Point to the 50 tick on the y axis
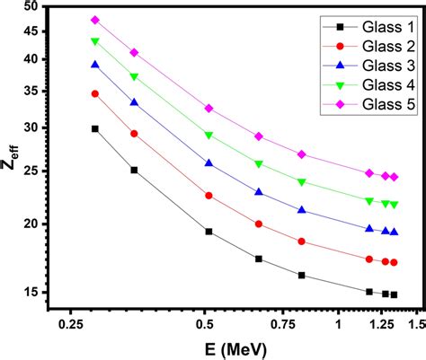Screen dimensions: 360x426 click(x=31, y=7)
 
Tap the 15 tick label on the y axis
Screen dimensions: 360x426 click(x=31, y=292)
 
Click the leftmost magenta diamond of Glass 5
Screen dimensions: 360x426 click(x=95, y=20)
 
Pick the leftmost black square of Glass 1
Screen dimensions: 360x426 click(x=95, y=128)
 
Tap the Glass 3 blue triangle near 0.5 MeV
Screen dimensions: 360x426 click(x=209, y=163)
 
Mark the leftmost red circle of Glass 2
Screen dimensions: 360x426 click(x=95, y=93)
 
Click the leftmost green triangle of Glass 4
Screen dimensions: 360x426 click(x=95, y=41)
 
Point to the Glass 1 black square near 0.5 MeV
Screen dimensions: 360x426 click(x=209, y=232)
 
